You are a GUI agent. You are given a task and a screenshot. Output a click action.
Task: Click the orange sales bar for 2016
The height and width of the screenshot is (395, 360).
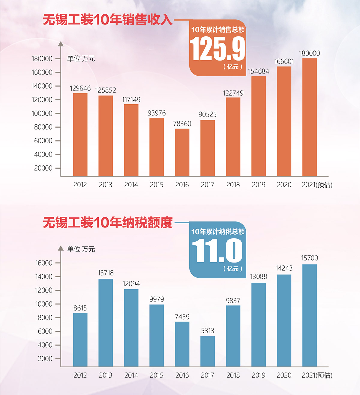click(182, 152)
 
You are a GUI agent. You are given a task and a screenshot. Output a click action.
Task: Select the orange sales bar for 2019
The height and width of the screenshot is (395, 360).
click(259, 126)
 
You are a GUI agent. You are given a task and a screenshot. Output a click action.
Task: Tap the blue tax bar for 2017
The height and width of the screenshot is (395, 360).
click(208, 351)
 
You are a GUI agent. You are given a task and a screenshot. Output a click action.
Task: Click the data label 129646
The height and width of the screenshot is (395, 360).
click(80, 88)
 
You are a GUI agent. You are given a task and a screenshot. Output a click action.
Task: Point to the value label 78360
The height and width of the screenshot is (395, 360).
click(182, 124)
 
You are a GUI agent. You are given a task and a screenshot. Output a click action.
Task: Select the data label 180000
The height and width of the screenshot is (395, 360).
click(310, 53)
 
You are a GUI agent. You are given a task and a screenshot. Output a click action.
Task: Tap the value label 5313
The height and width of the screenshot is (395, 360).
click(208, 331)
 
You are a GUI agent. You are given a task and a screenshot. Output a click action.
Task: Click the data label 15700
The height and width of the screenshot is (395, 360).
click(310, 258)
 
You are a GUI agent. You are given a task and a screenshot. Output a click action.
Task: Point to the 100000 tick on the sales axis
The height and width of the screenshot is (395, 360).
click(42, 113)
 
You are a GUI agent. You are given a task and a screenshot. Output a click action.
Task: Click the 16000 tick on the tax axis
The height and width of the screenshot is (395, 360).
click(44, 263)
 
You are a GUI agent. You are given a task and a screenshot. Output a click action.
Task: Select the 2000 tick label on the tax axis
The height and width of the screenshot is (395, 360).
click(45, 358)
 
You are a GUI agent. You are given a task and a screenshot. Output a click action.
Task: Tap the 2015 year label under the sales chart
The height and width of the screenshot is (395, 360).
click(157, 185)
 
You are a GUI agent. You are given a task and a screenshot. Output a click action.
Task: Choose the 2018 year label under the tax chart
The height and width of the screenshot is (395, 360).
click(233, 375)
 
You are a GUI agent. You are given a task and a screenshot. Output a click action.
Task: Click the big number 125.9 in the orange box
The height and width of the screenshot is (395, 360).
click(217, 49)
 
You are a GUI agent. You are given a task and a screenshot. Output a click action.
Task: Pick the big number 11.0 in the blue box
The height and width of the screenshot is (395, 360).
click(217, 251)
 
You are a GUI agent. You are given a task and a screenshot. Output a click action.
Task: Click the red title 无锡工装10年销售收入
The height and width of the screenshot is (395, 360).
click(108, 20)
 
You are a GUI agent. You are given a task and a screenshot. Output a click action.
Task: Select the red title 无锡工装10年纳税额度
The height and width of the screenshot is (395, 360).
click(108, 222)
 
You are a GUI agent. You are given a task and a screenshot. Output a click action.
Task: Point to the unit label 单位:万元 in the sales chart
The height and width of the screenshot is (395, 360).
click(81, 59)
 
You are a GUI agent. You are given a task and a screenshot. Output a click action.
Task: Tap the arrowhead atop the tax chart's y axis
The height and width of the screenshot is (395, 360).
click(61, 248)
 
